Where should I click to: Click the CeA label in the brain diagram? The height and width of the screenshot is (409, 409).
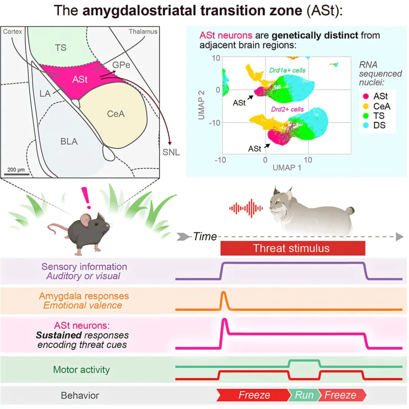tap(116, 114)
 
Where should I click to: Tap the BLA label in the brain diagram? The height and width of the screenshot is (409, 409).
tap(69, 141)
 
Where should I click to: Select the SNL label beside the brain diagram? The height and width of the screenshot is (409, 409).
tap(171, 152)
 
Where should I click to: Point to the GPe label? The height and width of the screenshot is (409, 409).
tap(121, 65)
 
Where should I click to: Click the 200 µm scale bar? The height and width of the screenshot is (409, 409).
tap(17, 174)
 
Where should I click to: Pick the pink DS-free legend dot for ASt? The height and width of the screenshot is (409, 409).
tap(366, 96)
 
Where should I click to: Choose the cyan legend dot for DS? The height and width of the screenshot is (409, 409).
tap(366, 125)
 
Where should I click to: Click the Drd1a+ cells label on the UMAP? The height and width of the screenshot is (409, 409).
tap(287, 70)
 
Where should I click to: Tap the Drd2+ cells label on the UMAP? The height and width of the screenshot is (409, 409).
tap(287, 109)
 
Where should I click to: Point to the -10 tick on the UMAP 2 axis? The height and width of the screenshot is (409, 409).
tap(215, 123)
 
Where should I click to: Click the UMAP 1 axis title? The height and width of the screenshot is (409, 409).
tap(287, 168)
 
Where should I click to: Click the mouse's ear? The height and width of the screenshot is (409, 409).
tap(86, 220)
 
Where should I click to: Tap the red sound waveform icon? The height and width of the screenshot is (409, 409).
tap(246, 208)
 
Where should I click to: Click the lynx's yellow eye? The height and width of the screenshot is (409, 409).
tap(278, 202)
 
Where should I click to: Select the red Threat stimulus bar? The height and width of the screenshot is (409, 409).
tap(293, 248)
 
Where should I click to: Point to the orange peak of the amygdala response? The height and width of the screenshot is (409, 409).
tap(223, 292)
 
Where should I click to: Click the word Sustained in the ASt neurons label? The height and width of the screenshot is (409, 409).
tap(59, 335)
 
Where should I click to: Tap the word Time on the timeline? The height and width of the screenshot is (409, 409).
tap(205, 237)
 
